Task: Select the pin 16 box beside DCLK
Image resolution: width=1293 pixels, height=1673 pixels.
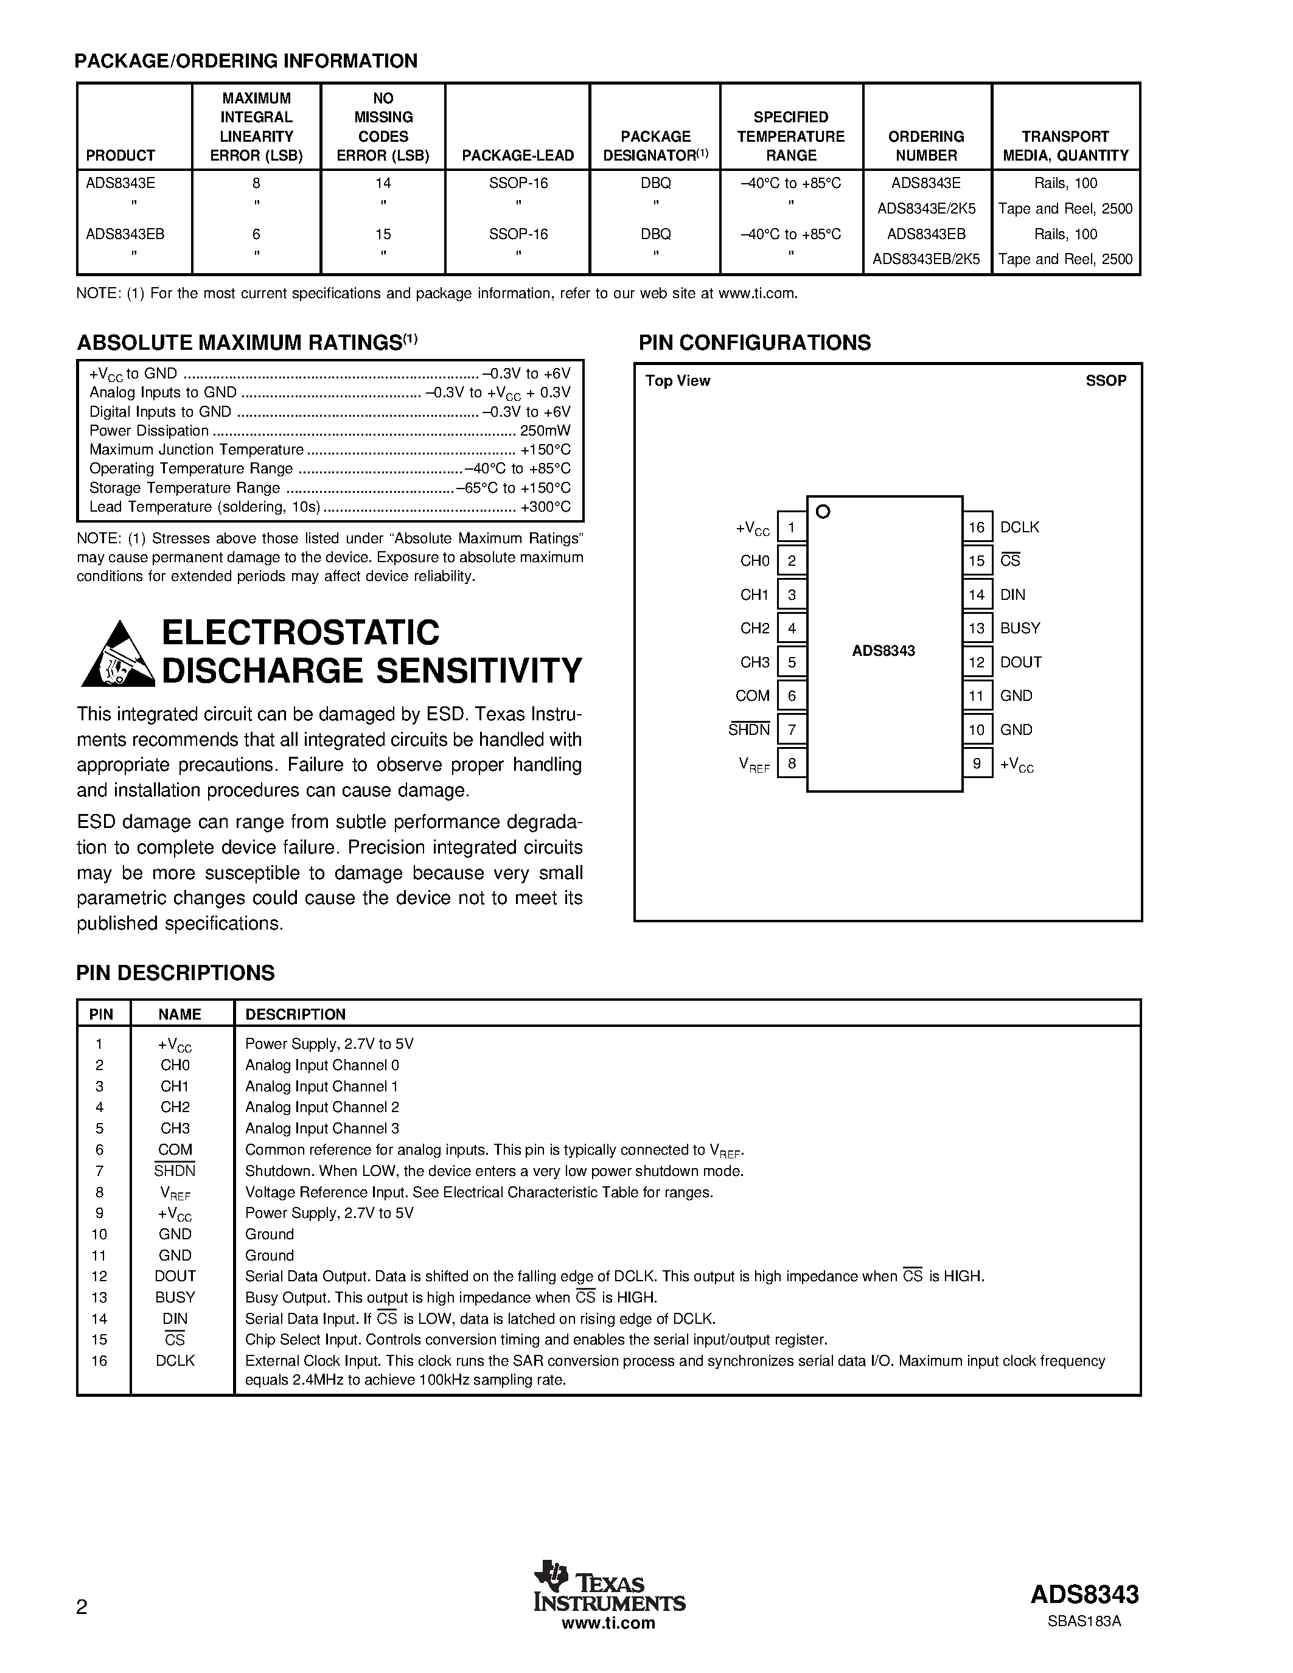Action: point(977,527)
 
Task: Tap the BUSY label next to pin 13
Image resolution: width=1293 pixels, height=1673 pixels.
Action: point(1020,628)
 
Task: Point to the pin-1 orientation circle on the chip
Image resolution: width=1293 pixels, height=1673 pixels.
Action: point(823,512)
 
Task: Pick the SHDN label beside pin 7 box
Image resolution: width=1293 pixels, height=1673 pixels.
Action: point(748,730)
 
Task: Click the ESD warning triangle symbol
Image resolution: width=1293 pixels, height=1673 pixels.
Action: point(118,655)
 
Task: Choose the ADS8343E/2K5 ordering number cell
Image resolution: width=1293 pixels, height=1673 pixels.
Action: point(926,208)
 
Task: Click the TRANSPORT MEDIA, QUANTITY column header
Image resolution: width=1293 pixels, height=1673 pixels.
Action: point(1065,145)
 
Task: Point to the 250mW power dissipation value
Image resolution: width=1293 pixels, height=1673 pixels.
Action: point(545,431)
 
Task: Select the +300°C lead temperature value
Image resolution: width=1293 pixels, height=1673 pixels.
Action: point(545,506)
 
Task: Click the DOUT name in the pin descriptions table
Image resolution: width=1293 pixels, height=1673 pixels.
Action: point(175,1276)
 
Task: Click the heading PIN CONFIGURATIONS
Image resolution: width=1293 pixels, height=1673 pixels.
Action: point(755,343)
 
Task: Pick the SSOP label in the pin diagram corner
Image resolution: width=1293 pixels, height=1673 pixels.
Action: point(1106,381)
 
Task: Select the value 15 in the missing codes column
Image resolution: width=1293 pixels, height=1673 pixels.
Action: point(383,234)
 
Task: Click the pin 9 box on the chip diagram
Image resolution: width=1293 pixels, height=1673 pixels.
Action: point(977,763)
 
